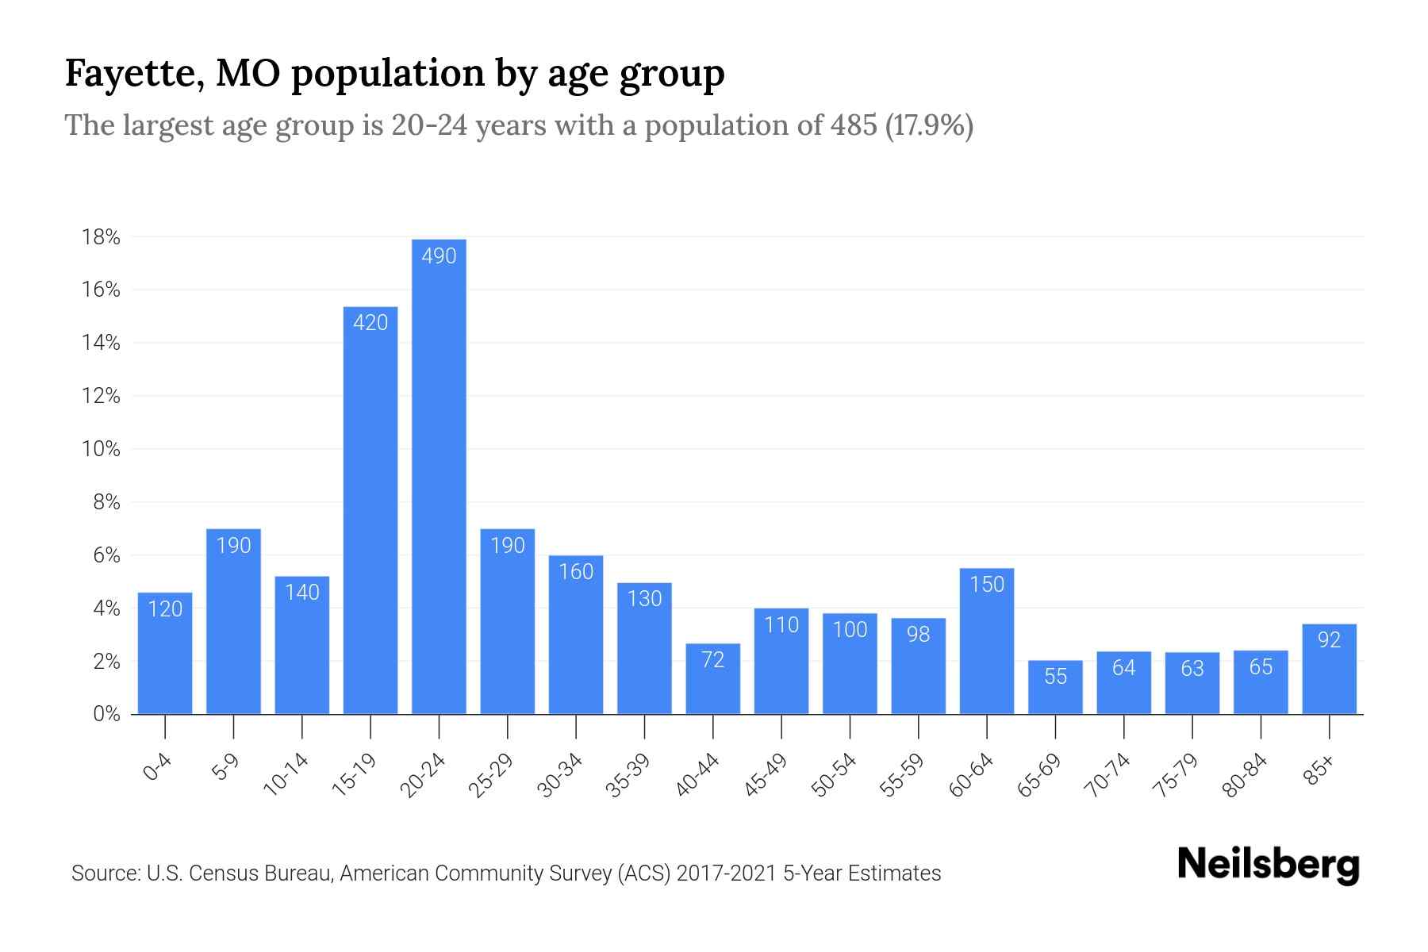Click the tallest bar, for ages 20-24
[x=439, y=476]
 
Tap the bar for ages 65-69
[x=1055, y=687]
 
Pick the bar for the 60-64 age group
[x=987, y=641]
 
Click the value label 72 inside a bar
[x=713, y=660]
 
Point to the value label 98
[x=918, y=634]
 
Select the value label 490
[x=439, y=256]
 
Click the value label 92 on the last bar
[x=1329, y=639]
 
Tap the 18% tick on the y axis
[x=101, y=237]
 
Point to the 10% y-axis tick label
[x=101, y=449]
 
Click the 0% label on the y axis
[x=106, y=714]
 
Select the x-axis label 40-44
[x=697, y=775]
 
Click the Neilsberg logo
[x=1268, y=865]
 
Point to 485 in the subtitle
[x=854, y=125]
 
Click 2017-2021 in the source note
[x=726, y=873]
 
